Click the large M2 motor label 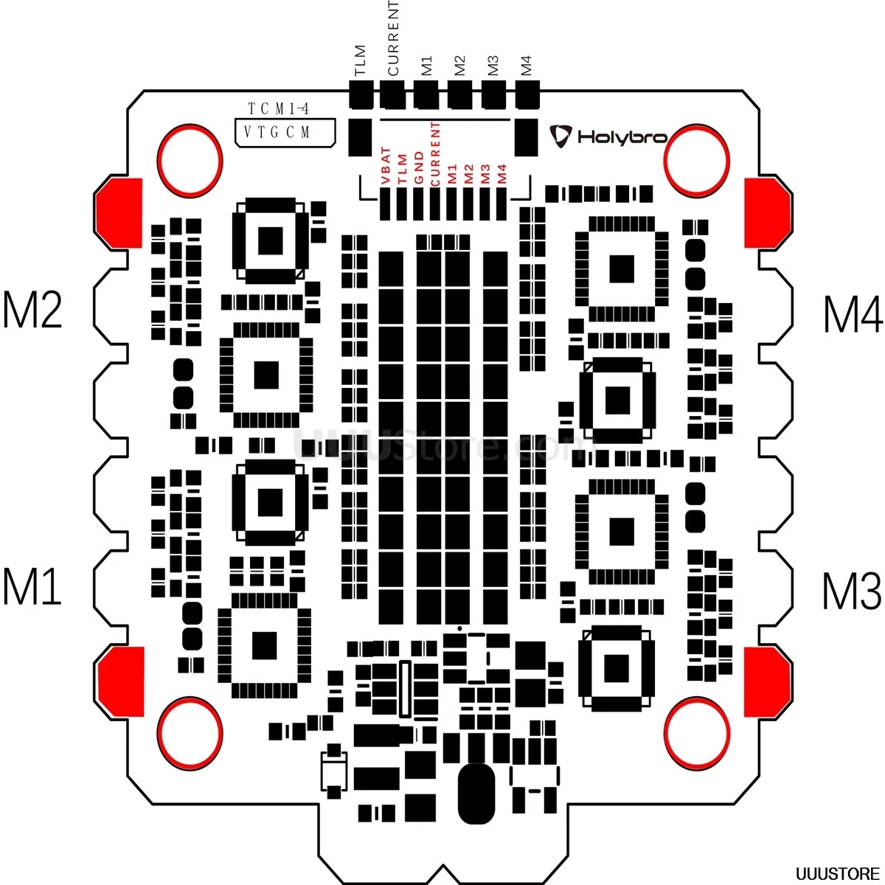(32, 310)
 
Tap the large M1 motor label (32, 586)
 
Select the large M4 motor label (852, 315)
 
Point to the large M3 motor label (852, 591)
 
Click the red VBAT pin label (385, 165)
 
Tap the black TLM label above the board (360, 60)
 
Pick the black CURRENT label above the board (392, 38)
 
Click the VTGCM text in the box (277, 133)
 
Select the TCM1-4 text (278, 109)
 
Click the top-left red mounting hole (190, 159)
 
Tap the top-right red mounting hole (697, 159)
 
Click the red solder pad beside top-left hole (119, 213)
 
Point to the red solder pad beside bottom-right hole (768, 681)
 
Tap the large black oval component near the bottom (476, 794)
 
